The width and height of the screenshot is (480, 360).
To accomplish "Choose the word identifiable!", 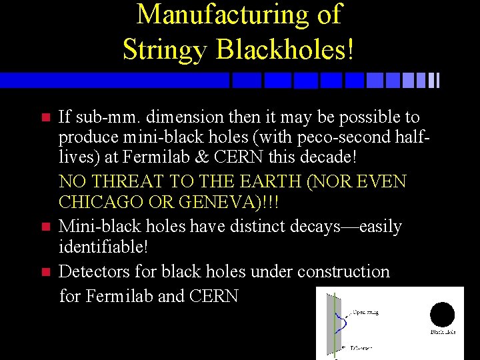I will [x=103, y=248].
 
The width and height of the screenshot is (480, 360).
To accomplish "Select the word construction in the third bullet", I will [x=343, y=271].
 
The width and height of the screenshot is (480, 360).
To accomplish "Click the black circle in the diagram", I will [x=442, y=314].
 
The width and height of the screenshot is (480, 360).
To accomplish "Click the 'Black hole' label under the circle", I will [x=443, y=332].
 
